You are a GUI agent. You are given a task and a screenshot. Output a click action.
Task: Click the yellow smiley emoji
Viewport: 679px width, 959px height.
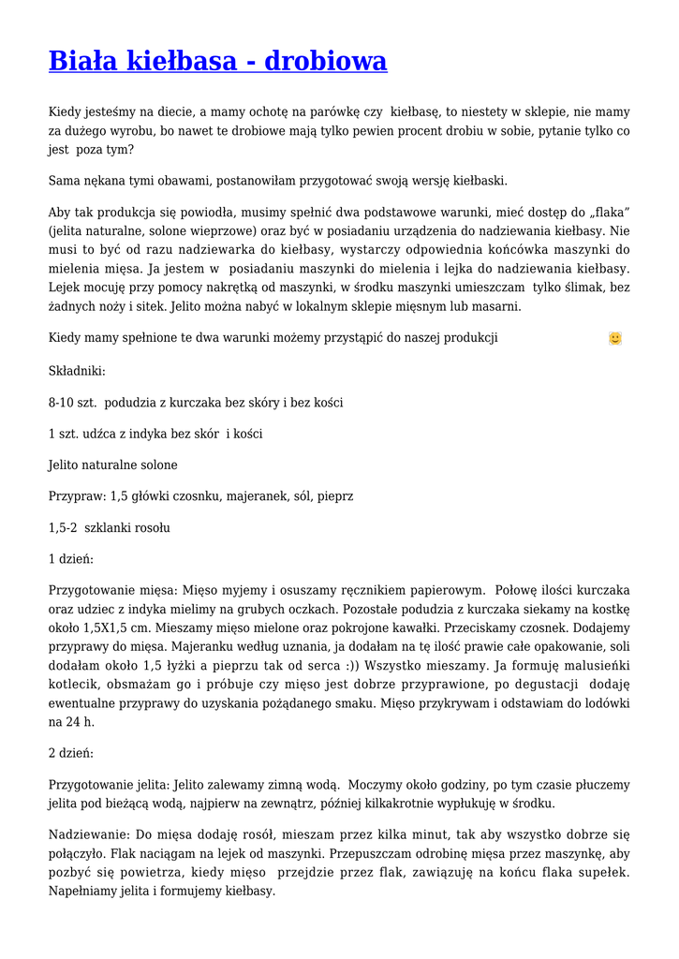click(614, 338)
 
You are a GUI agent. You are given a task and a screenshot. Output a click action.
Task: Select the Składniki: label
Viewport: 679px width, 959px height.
click(77, 371)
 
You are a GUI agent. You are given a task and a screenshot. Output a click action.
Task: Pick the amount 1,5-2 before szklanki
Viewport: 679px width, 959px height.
click(63, 528)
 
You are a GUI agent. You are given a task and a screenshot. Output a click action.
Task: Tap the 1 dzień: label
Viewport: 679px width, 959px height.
click(70, 559)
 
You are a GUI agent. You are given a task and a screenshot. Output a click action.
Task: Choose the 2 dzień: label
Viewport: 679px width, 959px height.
click(70, 754)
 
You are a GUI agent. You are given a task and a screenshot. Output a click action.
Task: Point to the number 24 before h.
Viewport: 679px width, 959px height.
click(70, 722)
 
